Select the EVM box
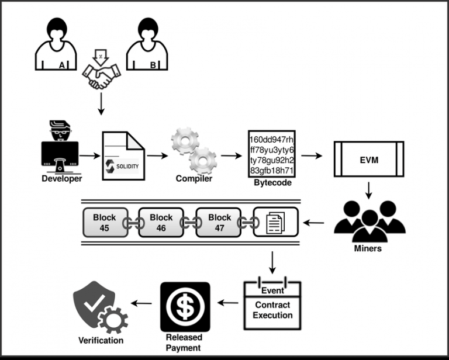(368, 159)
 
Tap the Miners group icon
(368, 220)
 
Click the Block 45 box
(105, 222)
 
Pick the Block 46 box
(161, 222)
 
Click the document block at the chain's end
(275, 222)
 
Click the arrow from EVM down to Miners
(369, 189)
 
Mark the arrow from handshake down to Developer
(102, 104)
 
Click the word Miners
(368, 248)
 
